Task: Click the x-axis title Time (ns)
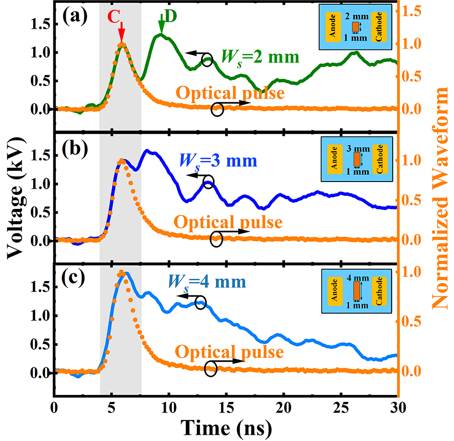point(225,426)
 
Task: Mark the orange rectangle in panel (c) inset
point(356,292)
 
